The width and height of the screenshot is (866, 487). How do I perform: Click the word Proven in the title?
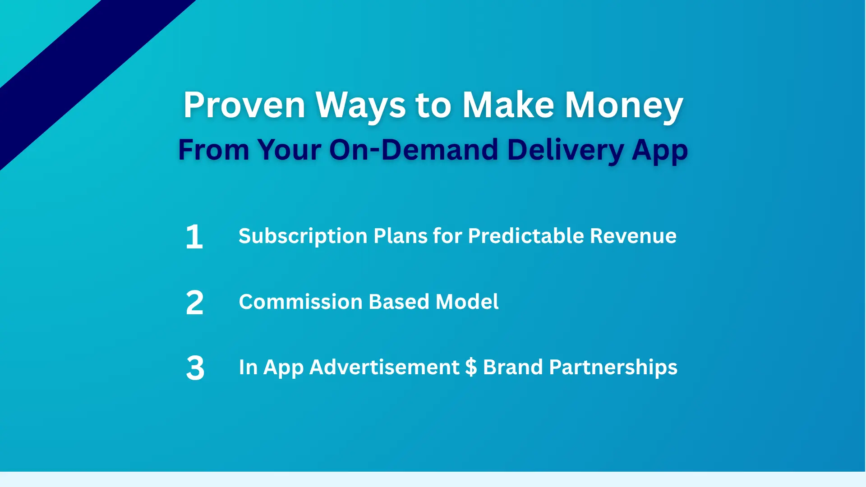point(244,105)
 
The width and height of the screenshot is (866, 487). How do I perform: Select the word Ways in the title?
point(360,105)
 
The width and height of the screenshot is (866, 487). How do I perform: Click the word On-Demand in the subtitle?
point(414,149)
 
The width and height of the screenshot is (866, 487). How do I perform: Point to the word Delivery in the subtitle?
point(565,149)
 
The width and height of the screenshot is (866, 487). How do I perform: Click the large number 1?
point(194,236)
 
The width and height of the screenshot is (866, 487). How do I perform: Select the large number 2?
point(194,302)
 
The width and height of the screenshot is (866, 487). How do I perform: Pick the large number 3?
point(195,368)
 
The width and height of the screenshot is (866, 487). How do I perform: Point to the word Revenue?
point(633,236)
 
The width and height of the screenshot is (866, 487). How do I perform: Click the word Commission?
point(300,302)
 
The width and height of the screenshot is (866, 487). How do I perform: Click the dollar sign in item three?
point(471,367)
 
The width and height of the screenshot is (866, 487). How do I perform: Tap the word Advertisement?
point(384,367)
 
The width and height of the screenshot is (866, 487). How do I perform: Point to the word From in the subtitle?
point(213,149)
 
